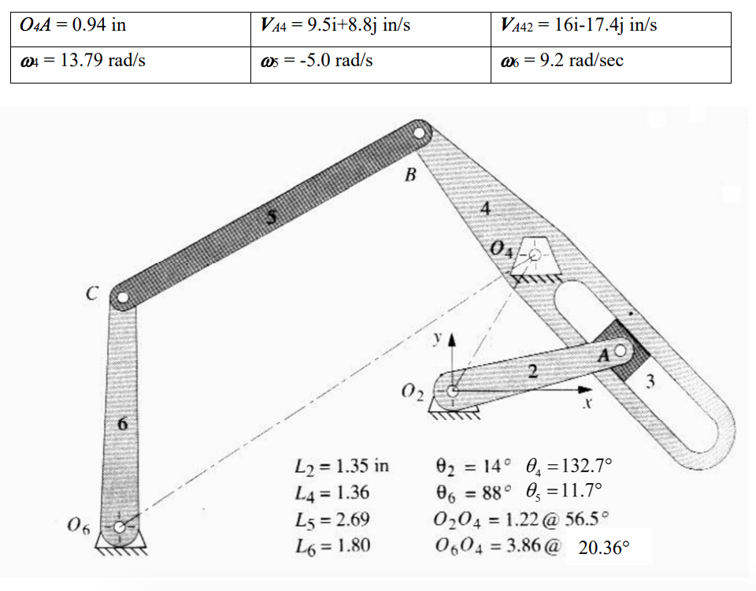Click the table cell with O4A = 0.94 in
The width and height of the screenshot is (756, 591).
[131, 29]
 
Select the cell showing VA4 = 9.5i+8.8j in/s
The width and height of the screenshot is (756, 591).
[371, 29]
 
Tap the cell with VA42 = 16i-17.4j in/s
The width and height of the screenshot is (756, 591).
[611, 29]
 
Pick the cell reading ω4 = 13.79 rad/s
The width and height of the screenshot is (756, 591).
[131, 65]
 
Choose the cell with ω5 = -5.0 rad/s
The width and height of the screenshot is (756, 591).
[371, 65]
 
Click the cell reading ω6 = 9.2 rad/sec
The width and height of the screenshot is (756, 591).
[611, 65]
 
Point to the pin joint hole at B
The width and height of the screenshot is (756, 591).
[419, 132]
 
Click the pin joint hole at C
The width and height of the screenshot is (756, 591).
[123, 297]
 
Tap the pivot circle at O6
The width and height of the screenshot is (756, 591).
[120, 527]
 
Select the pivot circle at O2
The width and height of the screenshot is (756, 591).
[452, 391]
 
